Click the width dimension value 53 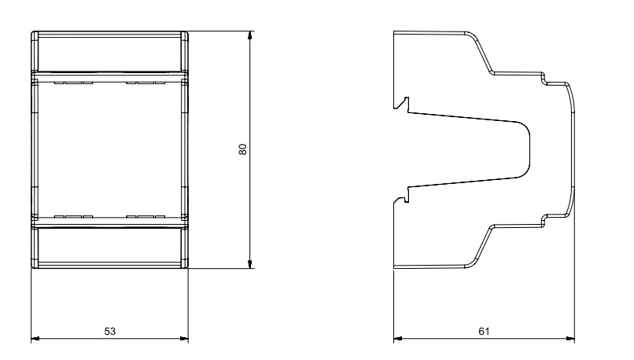[x=110, y=332]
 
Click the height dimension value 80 [x=242, y=149]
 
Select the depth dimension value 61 [x=484, y=332]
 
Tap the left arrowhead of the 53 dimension [x=35, y=339]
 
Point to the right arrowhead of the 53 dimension [x=184, y=339]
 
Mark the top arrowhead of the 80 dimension [x=250, y=35]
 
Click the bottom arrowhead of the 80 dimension [x=250, y=264]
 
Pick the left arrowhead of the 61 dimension [x=398, y=339]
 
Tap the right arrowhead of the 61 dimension [x=570, y=339]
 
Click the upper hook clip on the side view [x=402, y=104]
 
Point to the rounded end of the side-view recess [x=525, y=149]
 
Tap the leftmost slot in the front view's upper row [x=59, y=83]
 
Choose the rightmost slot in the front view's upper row [x=160, y=83]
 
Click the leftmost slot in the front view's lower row [x=59, y=217]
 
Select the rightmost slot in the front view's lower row [x=160, y=217]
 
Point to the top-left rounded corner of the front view [x=34, y=34]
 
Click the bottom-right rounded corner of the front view [x=186, y=266]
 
